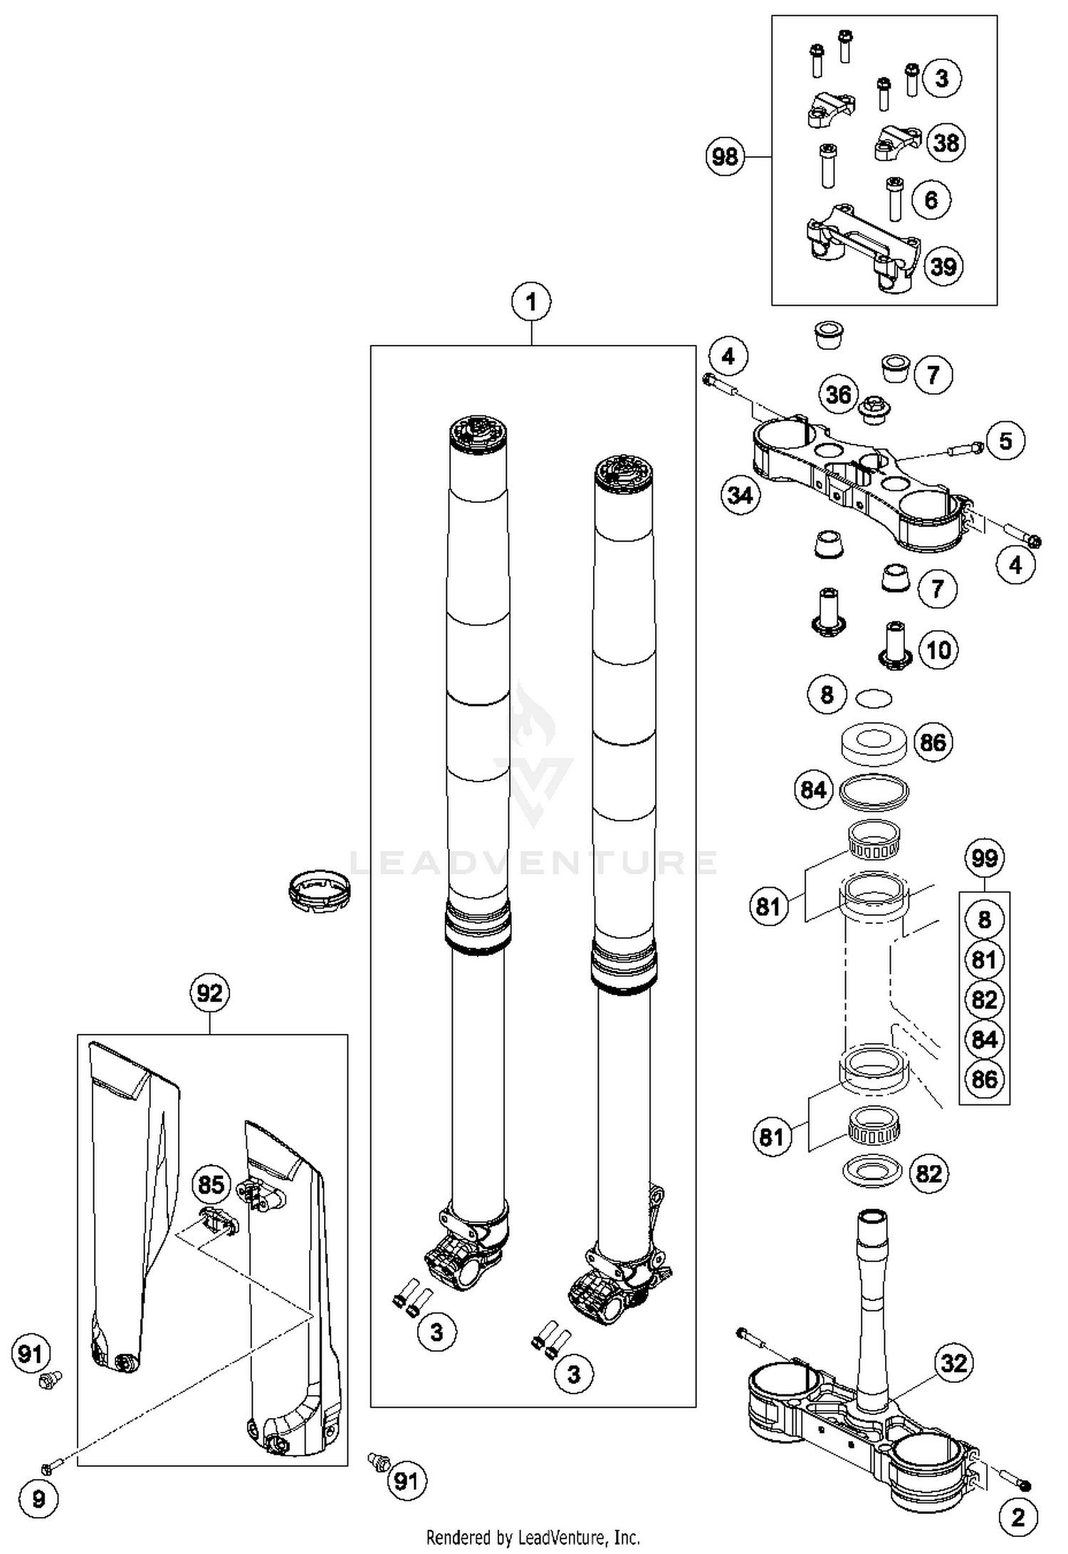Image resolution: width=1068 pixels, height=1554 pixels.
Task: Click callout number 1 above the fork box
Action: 531,303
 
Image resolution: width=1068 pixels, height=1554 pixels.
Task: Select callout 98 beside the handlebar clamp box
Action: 725,156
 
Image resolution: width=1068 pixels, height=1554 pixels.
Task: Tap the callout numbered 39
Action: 943,266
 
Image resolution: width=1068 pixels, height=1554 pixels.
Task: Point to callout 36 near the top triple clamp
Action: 838,394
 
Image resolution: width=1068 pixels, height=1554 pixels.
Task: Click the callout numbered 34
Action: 740,494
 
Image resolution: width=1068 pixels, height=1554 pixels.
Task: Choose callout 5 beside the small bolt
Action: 1005,440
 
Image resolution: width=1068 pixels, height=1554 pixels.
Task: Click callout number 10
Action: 938,649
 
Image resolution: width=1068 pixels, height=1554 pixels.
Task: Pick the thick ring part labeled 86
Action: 873,743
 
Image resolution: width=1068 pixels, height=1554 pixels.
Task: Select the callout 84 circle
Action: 813,789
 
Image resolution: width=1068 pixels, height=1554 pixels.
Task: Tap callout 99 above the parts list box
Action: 984,858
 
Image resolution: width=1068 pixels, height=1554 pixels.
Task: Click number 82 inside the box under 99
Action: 984,999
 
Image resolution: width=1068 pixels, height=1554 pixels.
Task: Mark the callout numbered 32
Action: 953,1363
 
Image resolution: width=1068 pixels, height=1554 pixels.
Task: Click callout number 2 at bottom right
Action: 1018,1517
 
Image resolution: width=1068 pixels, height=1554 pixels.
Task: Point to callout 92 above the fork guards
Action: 209,993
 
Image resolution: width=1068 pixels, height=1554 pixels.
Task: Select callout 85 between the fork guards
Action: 211,1185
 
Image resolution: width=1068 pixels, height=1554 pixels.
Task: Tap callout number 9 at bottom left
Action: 39,1499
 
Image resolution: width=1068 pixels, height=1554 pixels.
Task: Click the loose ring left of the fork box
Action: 320,890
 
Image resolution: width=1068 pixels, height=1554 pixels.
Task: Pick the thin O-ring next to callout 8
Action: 874,698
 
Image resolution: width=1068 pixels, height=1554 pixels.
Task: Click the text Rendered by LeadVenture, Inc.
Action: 533,1536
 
